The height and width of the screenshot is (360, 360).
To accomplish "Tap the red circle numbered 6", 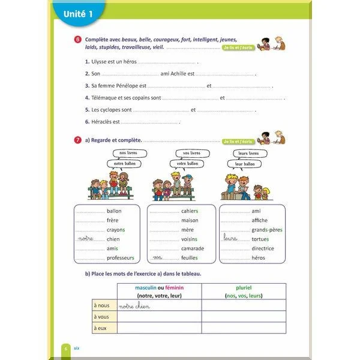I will point(78,40).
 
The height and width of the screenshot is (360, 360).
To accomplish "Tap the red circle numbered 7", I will point(78,140).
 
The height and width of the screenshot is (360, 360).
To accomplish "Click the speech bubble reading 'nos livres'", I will point(128,154).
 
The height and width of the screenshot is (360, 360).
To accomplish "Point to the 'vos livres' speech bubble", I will point(191,154).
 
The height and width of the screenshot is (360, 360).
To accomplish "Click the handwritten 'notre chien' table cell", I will point(134,307).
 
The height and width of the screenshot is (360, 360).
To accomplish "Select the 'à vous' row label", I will point(102,317).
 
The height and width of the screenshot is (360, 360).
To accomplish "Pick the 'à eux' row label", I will point(101,328).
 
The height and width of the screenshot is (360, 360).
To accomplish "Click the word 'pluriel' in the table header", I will point(243,288).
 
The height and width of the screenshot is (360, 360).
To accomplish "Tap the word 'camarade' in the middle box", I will point(193,248).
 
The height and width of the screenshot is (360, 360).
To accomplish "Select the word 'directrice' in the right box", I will point(263,248).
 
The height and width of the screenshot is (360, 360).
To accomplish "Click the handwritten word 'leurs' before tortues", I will point(230,238).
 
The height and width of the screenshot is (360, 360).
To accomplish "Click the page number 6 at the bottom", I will point(65,348).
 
